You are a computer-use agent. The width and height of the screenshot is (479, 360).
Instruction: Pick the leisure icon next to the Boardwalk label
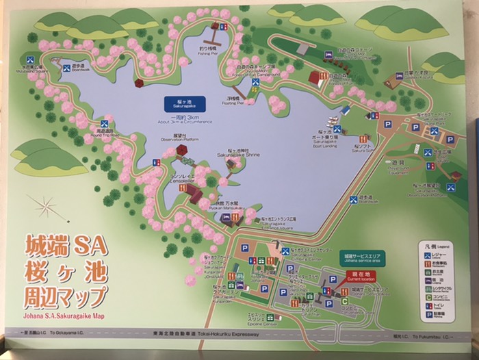coord(66,66)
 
